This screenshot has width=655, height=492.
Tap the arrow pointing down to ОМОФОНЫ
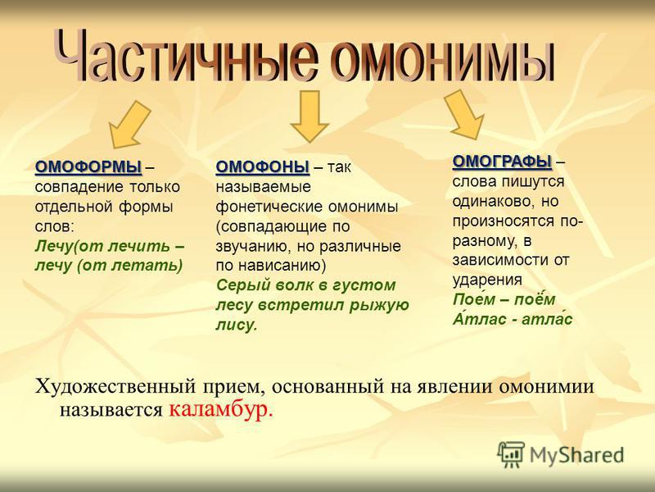309,116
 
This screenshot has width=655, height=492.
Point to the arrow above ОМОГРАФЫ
463,114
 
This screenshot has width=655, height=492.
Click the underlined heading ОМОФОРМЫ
88,167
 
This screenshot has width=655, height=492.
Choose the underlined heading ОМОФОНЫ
263,167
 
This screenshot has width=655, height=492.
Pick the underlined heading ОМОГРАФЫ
502,162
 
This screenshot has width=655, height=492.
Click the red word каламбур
221,409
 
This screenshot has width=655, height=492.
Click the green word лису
237,325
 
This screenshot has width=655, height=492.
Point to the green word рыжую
379,305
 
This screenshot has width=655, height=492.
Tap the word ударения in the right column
487,280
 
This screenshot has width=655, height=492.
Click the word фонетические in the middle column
269,207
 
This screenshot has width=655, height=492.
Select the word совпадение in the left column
79,187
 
